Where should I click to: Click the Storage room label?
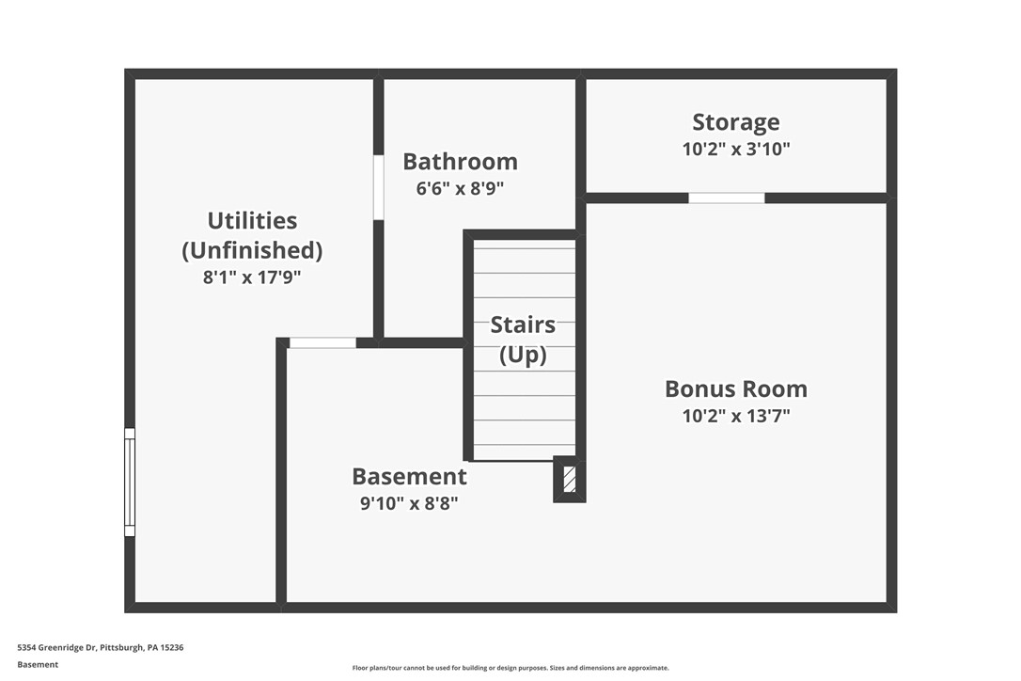[x=736, y=122]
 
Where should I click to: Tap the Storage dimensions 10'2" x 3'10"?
[x=736, y=149]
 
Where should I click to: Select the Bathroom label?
[x=460, y=162]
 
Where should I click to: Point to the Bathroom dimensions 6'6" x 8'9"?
[x=460, y=188]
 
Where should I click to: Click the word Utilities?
[x=252, y=221]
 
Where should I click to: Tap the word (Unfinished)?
[x=252, y=250]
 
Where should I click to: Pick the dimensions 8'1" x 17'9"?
[x=252, y=277]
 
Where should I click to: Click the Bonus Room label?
[x=736, y=389]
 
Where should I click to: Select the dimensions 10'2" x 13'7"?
[x=736, y=416]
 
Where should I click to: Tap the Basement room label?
[x=409, y=477]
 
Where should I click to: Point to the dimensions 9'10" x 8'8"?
[x=409, y=503]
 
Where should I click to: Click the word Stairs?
[x=523, y=325]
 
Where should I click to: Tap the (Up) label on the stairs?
[x=523, y=355]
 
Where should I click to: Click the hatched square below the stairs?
[x=569, y=479]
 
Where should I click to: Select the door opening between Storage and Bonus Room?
[x=727, y=198]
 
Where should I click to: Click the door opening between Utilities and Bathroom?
[x=378, y=187]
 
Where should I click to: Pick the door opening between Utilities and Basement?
[x=322, y=342]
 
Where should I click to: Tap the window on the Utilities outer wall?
[x=130, y=483]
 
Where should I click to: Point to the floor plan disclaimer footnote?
[x=510, y=668]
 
